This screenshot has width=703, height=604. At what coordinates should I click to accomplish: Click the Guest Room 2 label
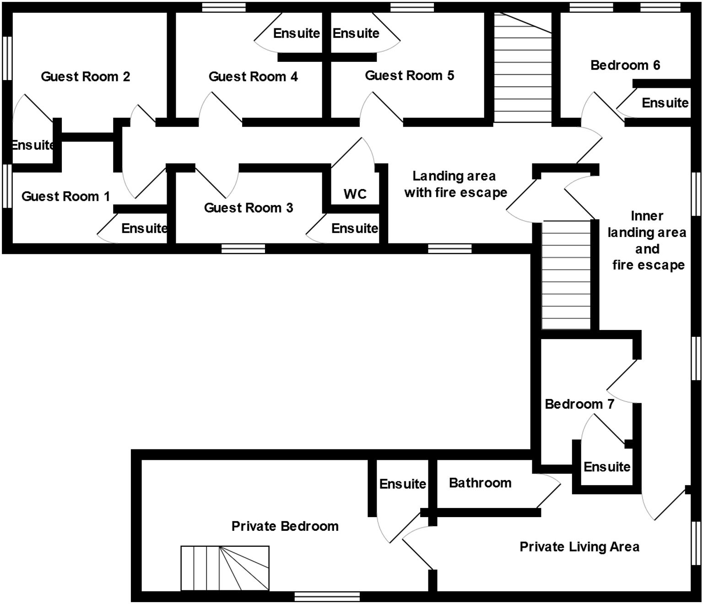pyautogui.click(x=86, y=76)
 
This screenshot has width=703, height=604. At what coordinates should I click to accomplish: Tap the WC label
pyautogui.click(x=355, y=194)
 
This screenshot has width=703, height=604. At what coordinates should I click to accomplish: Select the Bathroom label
pyautogui.click(x=480, y=483)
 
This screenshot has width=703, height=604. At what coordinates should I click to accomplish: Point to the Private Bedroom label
pyautogui.click(x=285, y=526)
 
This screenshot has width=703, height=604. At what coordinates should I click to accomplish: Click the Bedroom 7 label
pyautogui.click(x=579, y=404)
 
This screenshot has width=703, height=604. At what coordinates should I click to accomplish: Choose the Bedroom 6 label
pyautogui.click(x=625, y=65)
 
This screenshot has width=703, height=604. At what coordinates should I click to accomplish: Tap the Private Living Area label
pyautogui.click(x=579, y=547)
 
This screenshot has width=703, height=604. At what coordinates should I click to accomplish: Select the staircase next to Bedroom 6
pyautogui.click(x=522, y=67)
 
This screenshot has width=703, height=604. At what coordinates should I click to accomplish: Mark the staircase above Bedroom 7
pyautogui.click(x=566, y=275)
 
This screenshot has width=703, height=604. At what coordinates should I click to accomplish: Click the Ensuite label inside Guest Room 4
pyautogui.click(x=297, y=33)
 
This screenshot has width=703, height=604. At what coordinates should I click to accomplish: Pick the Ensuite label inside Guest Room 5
pyautogui.click(x=356, y=33)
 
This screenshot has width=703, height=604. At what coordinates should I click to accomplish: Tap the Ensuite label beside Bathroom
pyautogui.click(x=403, y=484)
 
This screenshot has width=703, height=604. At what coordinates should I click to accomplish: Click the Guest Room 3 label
pyautogui.click(x=248, y=208)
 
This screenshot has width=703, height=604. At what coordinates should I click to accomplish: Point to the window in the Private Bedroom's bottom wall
pyautogui.click(x=327, y=597)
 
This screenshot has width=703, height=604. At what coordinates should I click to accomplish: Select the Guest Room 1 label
pyautogui.click(x=65, y=196)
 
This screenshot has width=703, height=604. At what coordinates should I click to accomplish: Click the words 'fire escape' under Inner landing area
pyautogui.click(x=648, y=265)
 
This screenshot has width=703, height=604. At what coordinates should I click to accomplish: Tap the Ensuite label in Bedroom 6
pyautogui.click(x=665, y=102)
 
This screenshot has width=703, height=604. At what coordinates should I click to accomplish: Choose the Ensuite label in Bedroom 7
pyautogui.click(x=607, y=467)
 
